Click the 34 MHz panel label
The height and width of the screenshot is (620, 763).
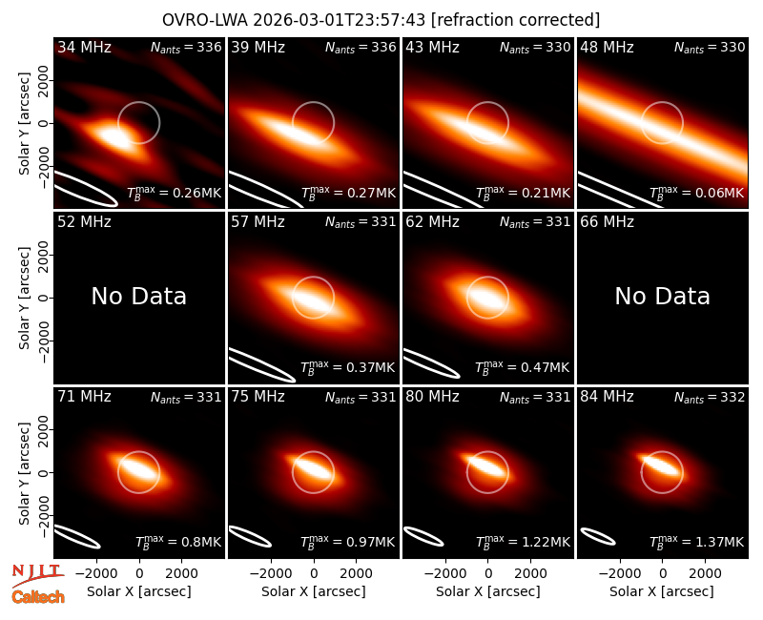(x=84, y=47)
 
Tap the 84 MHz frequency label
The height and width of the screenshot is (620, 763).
(x=607, y=397)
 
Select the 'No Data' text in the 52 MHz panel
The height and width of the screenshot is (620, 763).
(x=138, y=296)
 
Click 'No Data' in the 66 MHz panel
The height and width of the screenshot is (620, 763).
(x=662, y=296)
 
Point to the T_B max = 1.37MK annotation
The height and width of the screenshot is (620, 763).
(x=697, y=541)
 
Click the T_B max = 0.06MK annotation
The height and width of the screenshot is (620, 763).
(x=697, y=193)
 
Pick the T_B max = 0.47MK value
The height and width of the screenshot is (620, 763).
(x=522, y=366)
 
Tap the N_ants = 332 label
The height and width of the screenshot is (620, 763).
(x=709, y=398)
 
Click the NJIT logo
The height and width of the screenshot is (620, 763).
(x=37, y=574)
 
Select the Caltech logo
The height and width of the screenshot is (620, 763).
(x=38, y=597)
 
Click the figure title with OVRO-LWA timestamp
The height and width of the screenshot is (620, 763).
(x=381, y=20)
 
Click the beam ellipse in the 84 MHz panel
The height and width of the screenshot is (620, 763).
(x=599, y=537)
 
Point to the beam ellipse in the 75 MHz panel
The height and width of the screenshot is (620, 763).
(x=250, y=536)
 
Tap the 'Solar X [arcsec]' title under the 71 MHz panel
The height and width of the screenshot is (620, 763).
(x=138, y=591)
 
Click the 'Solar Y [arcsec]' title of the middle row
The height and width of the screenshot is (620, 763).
(x=24, y=298)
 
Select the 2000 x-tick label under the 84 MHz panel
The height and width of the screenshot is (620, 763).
(x=705, y=574)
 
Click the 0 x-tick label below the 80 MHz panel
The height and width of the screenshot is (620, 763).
(x=488, y=574)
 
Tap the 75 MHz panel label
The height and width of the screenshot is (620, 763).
(x=258, y=397)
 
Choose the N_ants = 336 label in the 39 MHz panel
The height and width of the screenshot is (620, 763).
(x=361, y=48)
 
